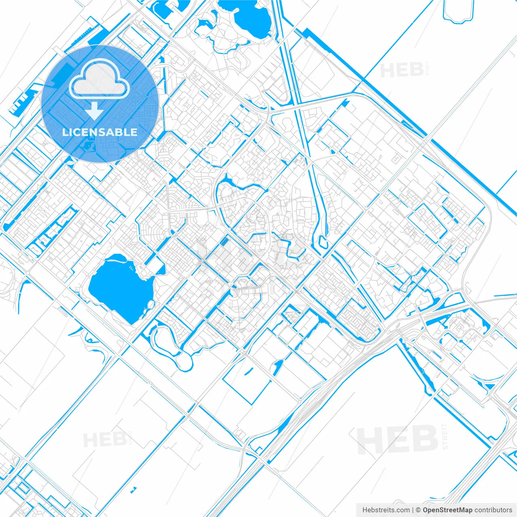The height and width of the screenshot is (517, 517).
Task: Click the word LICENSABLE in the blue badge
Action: coord(100,132)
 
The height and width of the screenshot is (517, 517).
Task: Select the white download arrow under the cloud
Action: coord(95,111)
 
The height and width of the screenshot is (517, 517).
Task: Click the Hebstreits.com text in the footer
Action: coord(386,510)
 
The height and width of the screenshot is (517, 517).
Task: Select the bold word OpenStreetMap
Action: coord(447,510)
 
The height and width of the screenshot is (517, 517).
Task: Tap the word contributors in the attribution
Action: coord(493,510)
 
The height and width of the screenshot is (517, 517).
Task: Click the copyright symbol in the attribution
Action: coord(418,510)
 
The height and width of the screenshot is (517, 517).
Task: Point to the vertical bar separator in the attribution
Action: coord(413,510)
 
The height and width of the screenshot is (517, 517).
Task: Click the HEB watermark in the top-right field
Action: coord(402,70)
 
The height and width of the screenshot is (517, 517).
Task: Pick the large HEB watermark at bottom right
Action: coord(398,439)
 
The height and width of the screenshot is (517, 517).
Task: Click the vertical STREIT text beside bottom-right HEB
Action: coord(445,436)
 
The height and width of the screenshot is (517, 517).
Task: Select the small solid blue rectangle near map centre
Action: coord(223,241)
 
